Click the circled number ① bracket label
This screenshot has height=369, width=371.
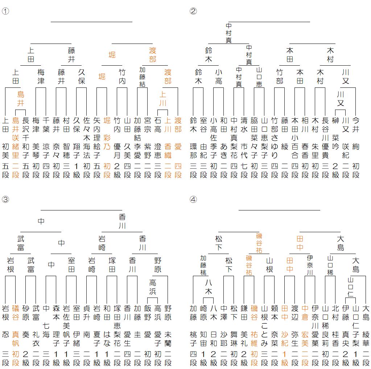pyautogui.click(x=5, y=11)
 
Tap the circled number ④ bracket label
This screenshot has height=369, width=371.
pyautogui.click(x=193, y=199)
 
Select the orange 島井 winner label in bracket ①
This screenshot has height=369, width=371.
pyautogui.click(x=21, y=99)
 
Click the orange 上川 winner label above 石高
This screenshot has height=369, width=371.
pyautogui.click(x=163, y=99)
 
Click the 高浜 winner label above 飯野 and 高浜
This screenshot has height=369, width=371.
pyautogui.click(x=153, y=287)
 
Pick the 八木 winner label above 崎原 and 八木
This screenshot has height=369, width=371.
pyautogui.click(x=209, y=287)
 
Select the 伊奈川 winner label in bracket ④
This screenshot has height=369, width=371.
pyautogui.click(x=310, y=265)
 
